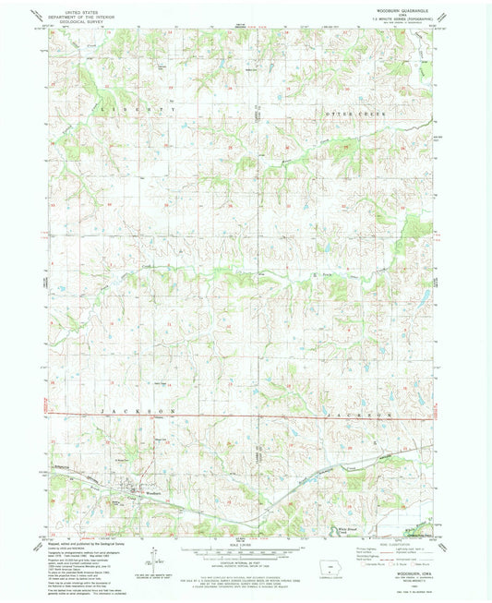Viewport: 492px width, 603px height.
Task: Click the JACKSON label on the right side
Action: point(352,417)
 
